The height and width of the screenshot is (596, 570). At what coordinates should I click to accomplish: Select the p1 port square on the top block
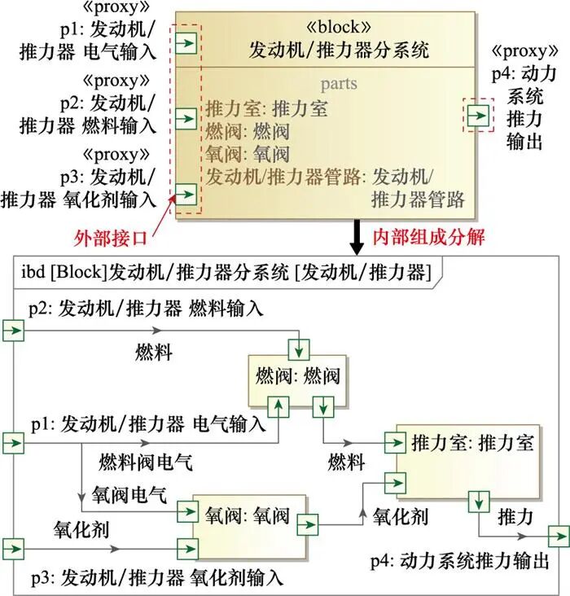186,43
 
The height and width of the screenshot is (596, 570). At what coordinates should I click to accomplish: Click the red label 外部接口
112,238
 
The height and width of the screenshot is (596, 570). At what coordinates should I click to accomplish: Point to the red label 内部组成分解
428,237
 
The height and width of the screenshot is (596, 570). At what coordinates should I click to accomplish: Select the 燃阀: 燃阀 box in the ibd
297,375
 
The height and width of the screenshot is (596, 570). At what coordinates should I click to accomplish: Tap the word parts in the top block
339,84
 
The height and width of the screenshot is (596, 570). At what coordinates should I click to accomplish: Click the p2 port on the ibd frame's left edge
14,330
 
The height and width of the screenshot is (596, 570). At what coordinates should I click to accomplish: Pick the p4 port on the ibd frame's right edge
559,537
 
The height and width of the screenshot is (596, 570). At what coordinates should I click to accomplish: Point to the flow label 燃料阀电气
146,463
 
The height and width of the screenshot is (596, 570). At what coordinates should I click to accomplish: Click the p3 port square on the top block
186,194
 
